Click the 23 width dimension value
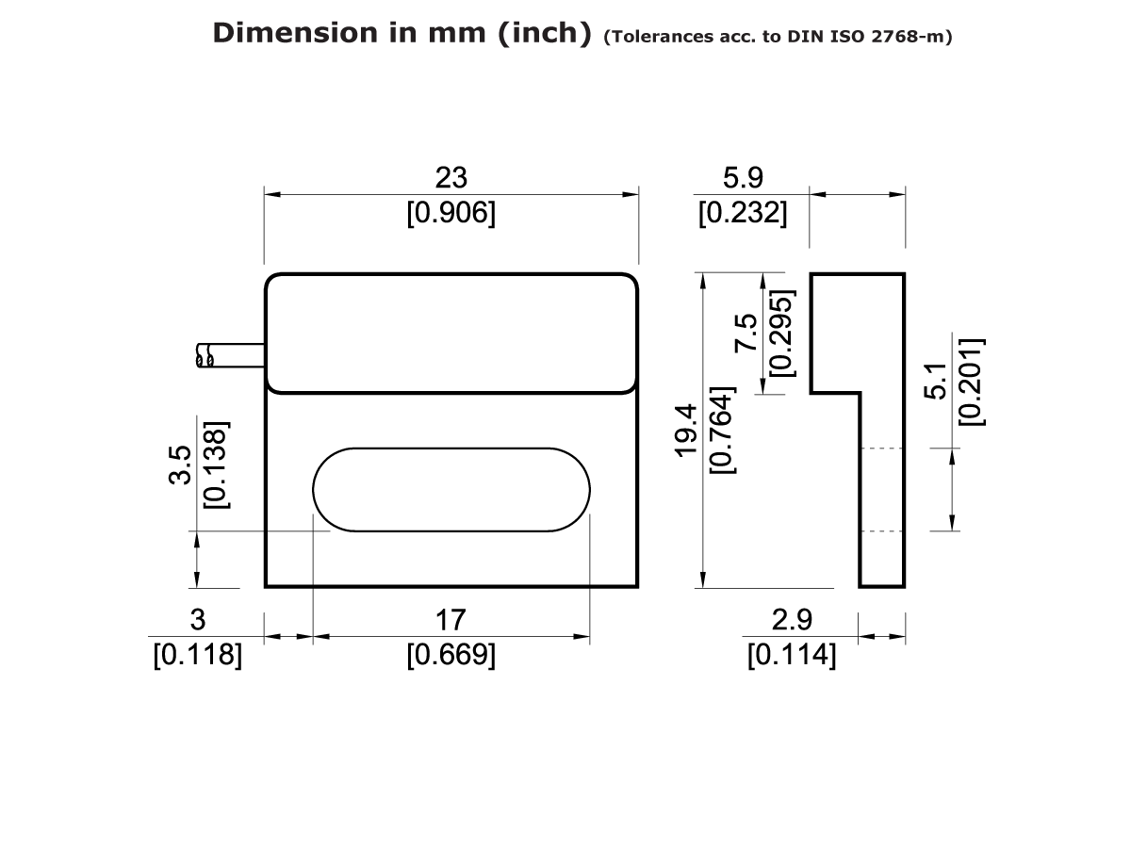pyautogui.click(x=451, y=177)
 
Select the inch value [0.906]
pyautogui.click(x=451, y=214)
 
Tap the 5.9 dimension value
pyautogui.click(x=743, y=177)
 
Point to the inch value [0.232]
pyautogui.click(x=743, y=214)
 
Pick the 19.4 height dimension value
pyautogui.click(x=686, y=430)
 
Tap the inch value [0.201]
pyautogui.click(x=971, y=381)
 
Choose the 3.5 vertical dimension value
pyautogui.click(x=181, y=465)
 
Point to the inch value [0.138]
pyautogui.click(x=217, y=465)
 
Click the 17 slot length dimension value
pyautogui.click(x=451, y=619)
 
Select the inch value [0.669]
pyautogui.click(x=451, y=655)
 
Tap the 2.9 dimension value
pyautogui.click(x=792, y=619)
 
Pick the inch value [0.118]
pyautogui.click(x=198, y=655)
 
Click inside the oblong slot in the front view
pyautogui.click(x=451, y=489)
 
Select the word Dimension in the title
pyautogui.click(x=294, y=33)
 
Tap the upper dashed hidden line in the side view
pyautogui.click(x=882, y=448)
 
